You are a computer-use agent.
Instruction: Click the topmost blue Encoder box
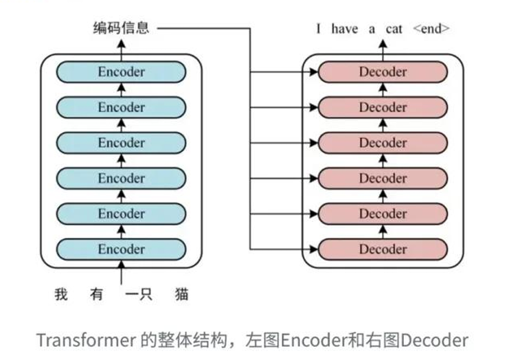point(121,71)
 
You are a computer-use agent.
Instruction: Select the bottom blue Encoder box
point(121,249)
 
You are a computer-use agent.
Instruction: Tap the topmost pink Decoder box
point(383,71)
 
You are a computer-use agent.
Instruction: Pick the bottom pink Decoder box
point(383,249)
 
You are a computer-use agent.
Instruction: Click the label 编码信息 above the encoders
point(121,28)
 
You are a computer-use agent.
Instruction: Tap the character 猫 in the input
point(181,295)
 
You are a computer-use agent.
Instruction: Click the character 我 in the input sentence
point(62,295)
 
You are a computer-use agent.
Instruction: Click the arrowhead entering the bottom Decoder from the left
point(314,249)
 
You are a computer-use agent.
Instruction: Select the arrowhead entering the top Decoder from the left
point(314,71)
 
